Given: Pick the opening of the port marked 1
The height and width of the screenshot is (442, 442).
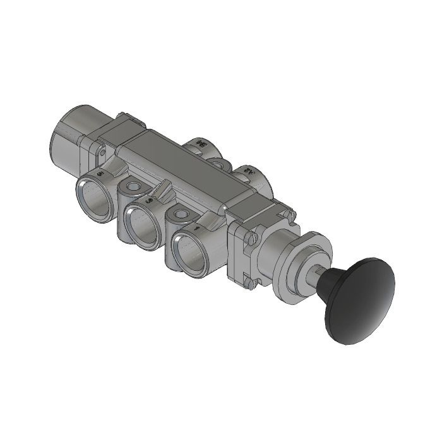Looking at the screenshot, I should [x=190, y=250].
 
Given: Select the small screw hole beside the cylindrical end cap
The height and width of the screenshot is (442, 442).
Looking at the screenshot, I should [x=101, y=151].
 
